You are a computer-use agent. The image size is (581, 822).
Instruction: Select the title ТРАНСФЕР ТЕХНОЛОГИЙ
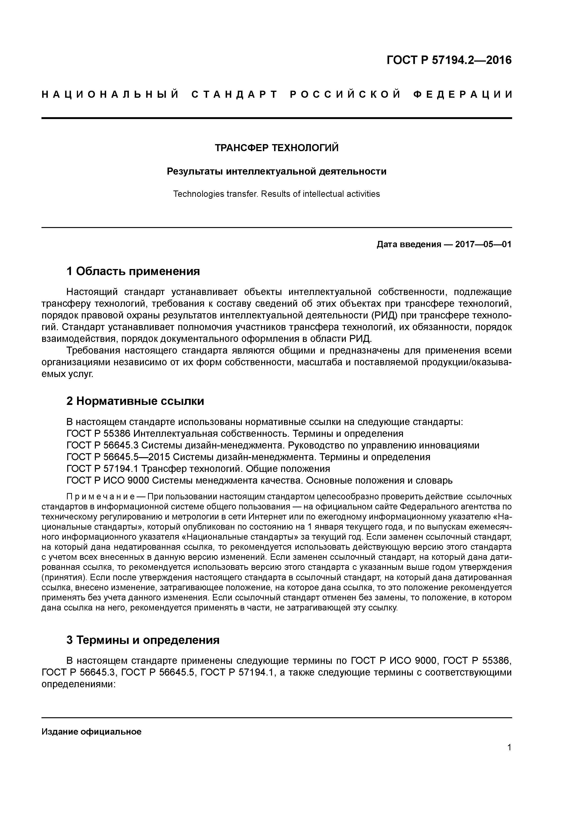(x=276, y=148)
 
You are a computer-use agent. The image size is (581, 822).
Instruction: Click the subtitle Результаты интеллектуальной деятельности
(x=276, y=172)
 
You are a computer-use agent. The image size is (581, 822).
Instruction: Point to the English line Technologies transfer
(x=216, y=194)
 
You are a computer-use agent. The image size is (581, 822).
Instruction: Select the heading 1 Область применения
(x=133, y=271)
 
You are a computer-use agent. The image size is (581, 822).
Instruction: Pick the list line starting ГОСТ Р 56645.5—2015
(x=248, y=457)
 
